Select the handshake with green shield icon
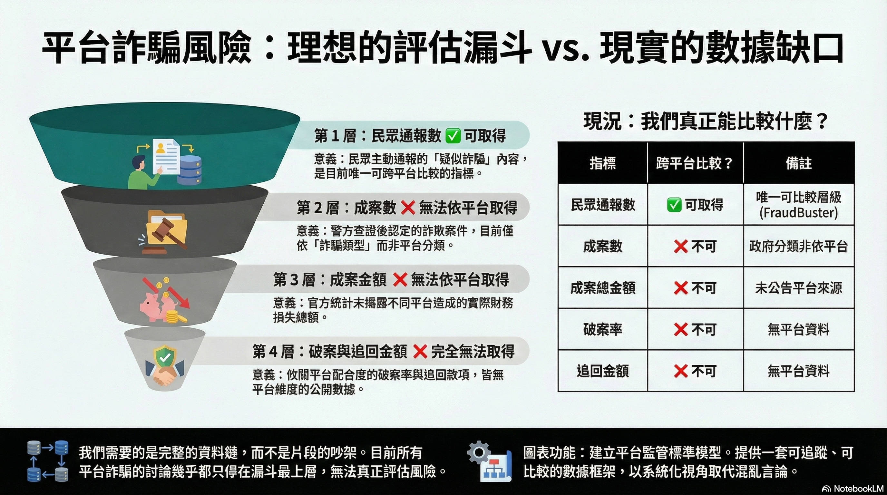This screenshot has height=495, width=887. click(x=165, y=366)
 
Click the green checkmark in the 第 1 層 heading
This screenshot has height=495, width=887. click(x=453, y=136)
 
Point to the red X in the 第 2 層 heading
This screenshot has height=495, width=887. click(x=408, y=208)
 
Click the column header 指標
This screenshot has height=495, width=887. click(x=603, y=163)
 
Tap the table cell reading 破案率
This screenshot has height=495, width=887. click(x=603, y=329)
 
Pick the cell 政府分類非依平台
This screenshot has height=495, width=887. click(x=798, y=246)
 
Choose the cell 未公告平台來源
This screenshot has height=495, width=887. click(x=798, y=288)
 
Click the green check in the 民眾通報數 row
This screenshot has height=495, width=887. click(x=674, y=205)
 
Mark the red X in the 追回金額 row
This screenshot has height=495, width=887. click(x=681, y=371)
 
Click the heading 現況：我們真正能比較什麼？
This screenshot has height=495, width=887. click(x=706, y=121)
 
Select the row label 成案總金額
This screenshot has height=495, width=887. click(x=603, y=288)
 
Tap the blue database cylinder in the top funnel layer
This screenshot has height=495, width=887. click(x=189, y=170)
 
